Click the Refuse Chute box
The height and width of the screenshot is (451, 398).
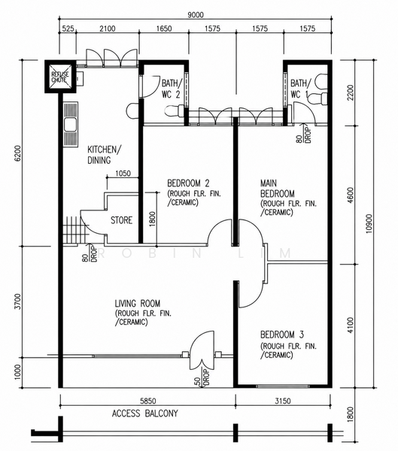[x=60, y=77]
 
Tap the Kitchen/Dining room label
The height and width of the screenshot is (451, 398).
[x=105, y=155]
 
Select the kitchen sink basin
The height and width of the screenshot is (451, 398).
[x=70, y=125]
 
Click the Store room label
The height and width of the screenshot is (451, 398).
[x=122, y=220]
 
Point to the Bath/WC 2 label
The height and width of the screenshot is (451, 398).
[x=172, y=89]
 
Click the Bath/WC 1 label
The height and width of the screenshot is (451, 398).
[x=301, y=89]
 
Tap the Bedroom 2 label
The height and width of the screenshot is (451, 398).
[x=188, y=183]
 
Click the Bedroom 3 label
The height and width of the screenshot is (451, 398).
[x=282, y=334]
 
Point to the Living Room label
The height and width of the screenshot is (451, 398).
[x=138, y=304]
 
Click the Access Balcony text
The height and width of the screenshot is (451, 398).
[x=145, y=413]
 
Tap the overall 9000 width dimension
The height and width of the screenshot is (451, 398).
[x=196, y=15]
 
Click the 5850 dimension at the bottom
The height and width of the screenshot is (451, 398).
[x=147, y=401]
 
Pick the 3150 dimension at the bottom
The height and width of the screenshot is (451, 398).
[x=283, y=401]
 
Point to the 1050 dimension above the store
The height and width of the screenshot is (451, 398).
[x=123, y=174]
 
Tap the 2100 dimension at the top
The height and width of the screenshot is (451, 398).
[x=108, y=29]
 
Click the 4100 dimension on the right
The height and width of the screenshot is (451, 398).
[x=350, y=325]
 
